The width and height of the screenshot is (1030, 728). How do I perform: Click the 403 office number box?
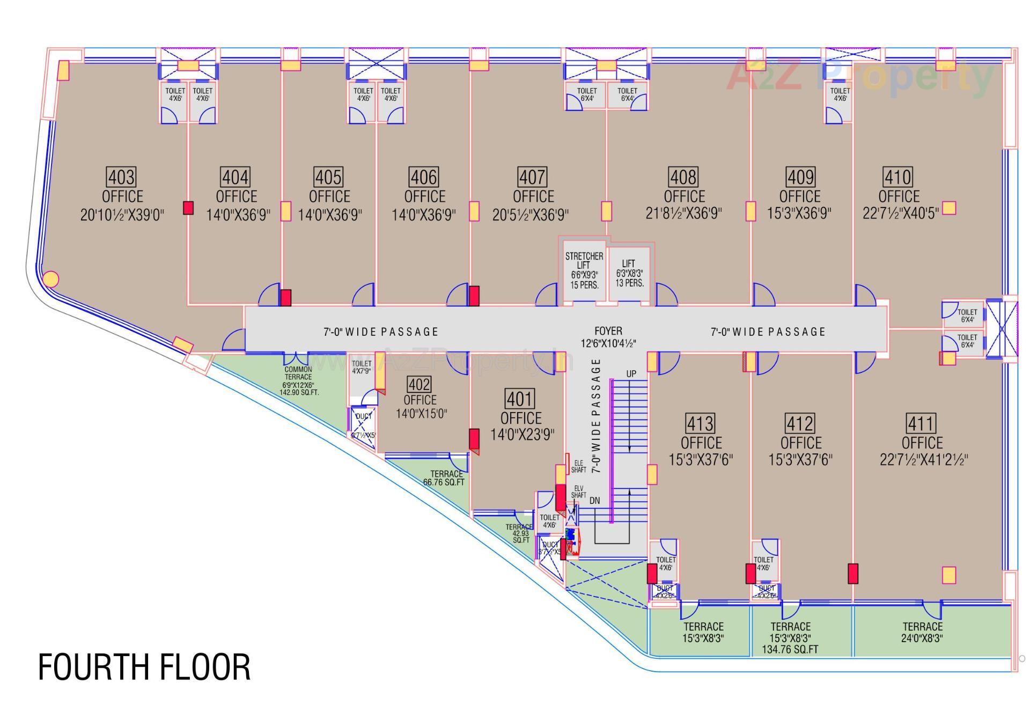point(122,177)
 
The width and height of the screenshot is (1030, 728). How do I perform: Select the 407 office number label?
point(532,177)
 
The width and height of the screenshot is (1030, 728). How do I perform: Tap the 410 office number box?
point(897,177)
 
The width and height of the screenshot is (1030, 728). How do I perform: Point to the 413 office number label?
point(700,423)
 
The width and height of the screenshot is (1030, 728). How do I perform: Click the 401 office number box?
point(520,399)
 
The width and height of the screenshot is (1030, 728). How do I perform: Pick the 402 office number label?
point(419,384)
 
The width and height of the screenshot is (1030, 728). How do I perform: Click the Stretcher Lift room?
point(584,270)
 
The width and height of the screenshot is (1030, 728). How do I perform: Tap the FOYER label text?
point(608,331)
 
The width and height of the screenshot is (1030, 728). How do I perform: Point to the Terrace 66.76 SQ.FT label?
point(445,478)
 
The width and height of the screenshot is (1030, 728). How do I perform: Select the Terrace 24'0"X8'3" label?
point(922,632)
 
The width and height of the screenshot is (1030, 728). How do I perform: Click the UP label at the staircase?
point(631,374)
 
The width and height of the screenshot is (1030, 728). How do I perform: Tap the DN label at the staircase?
point(594,501)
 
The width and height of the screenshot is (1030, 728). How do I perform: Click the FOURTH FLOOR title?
point(144,667)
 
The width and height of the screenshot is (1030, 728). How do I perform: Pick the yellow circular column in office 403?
point(50,279)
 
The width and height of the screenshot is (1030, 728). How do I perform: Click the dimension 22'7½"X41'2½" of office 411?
point(924,460)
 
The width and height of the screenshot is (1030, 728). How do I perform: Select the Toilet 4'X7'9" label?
point(361,367)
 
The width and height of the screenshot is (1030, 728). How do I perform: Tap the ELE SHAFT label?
point(578,466)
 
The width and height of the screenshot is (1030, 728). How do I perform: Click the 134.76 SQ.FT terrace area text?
point(790,650)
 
